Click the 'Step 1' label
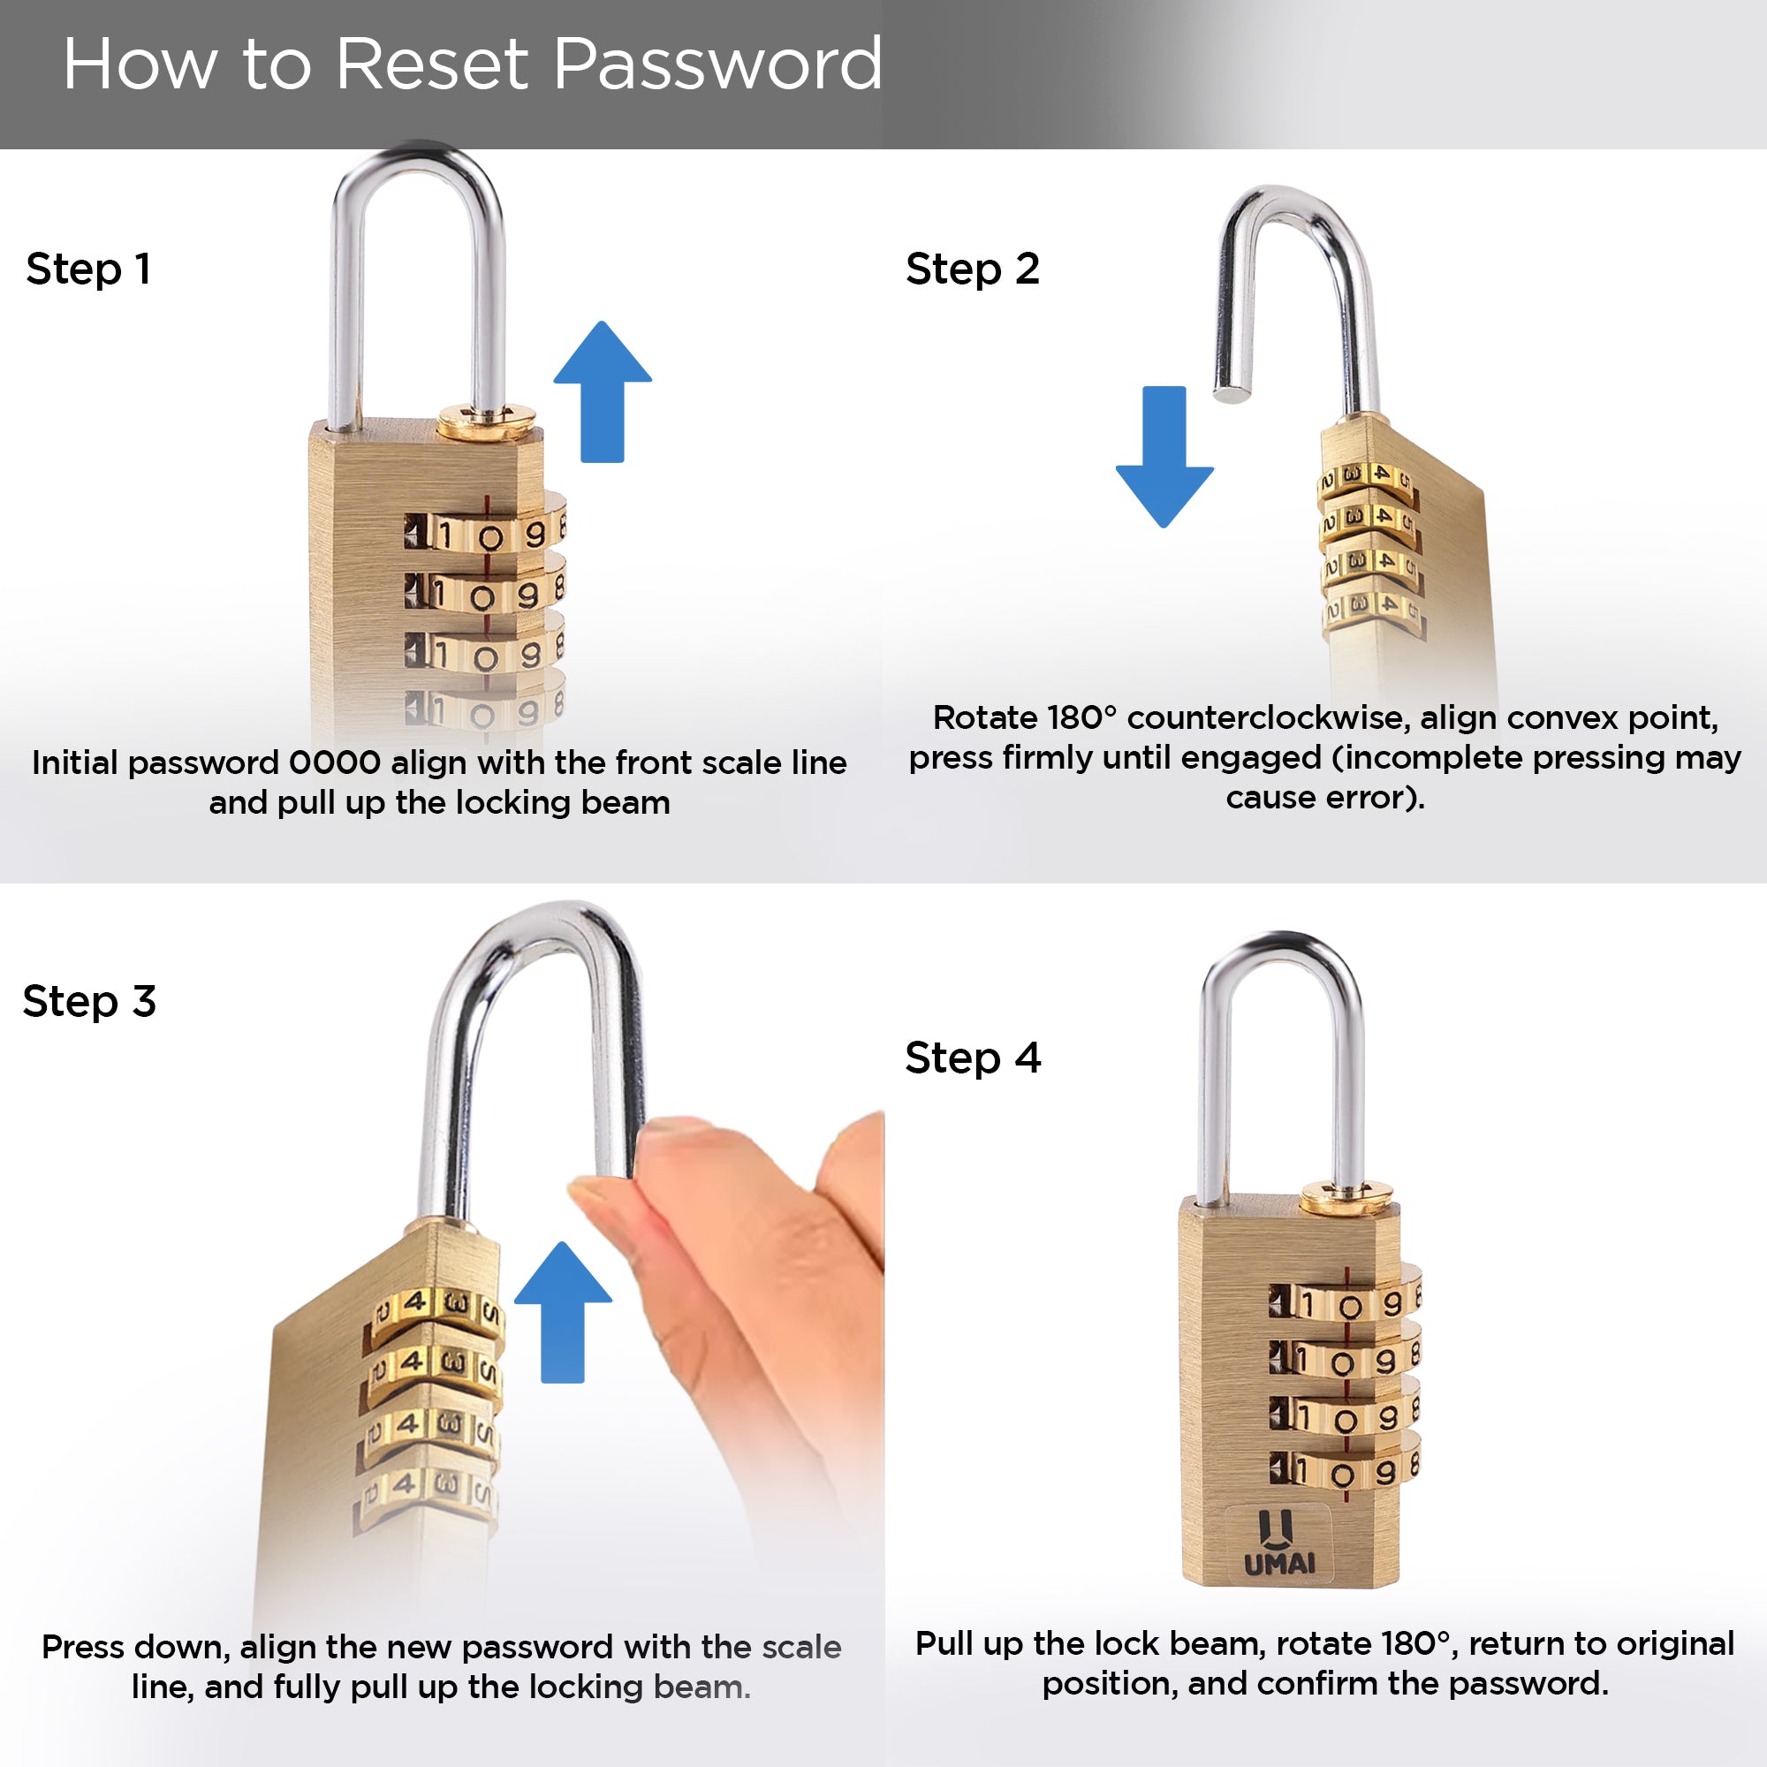coord(87,269)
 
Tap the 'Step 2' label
coord(972,269)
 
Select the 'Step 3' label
coord(89,1001)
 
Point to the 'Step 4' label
coord(973,1058)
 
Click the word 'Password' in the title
coord(718,64)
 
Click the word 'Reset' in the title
coord(433,64)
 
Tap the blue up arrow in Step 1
coord(603,391)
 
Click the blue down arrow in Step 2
coord(1164,457)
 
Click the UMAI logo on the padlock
coord(1279,1543)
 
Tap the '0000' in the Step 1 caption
coord(335,762)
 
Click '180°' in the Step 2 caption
coord(1082,717)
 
